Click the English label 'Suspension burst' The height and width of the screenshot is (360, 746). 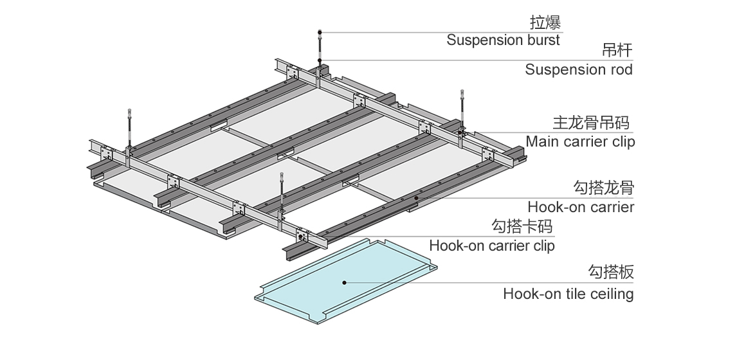503,40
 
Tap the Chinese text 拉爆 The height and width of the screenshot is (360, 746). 545,23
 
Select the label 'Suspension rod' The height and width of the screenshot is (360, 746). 578,69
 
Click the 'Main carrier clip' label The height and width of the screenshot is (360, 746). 580,141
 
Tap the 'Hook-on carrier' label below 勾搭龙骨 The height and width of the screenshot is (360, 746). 580,207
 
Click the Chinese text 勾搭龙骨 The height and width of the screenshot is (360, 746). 603,188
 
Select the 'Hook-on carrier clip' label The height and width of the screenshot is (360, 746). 491,245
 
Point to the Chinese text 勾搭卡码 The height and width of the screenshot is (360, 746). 522,226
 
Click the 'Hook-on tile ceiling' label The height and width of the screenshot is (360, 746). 568,294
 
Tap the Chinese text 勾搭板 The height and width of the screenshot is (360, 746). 611,272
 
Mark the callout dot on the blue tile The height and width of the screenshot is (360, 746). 345,282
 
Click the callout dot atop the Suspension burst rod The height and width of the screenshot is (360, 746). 320,32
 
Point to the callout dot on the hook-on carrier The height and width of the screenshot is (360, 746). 416,198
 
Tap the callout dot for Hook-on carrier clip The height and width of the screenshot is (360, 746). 301,237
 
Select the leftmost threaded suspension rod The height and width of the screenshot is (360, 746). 129,129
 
